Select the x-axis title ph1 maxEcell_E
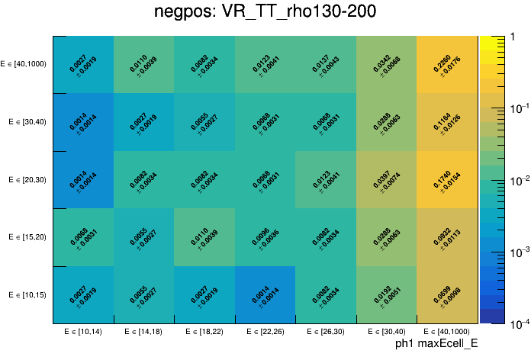click(x=436, y=344)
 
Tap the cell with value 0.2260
click(x=446, y=65)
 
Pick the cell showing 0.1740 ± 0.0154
click(x=446, y=180)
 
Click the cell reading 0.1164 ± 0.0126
click(x=446, y=122)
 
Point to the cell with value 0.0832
click(x=446, y=237)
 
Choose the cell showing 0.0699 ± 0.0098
click(x=446, y=295)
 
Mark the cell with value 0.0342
click(x=386, y=65)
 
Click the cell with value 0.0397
click(x=386, y=180)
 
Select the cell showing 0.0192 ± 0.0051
click(x=386, y=295)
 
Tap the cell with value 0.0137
click(x=325, y=65)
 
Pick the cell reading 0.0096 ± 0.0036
click(x=265, y=237)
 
